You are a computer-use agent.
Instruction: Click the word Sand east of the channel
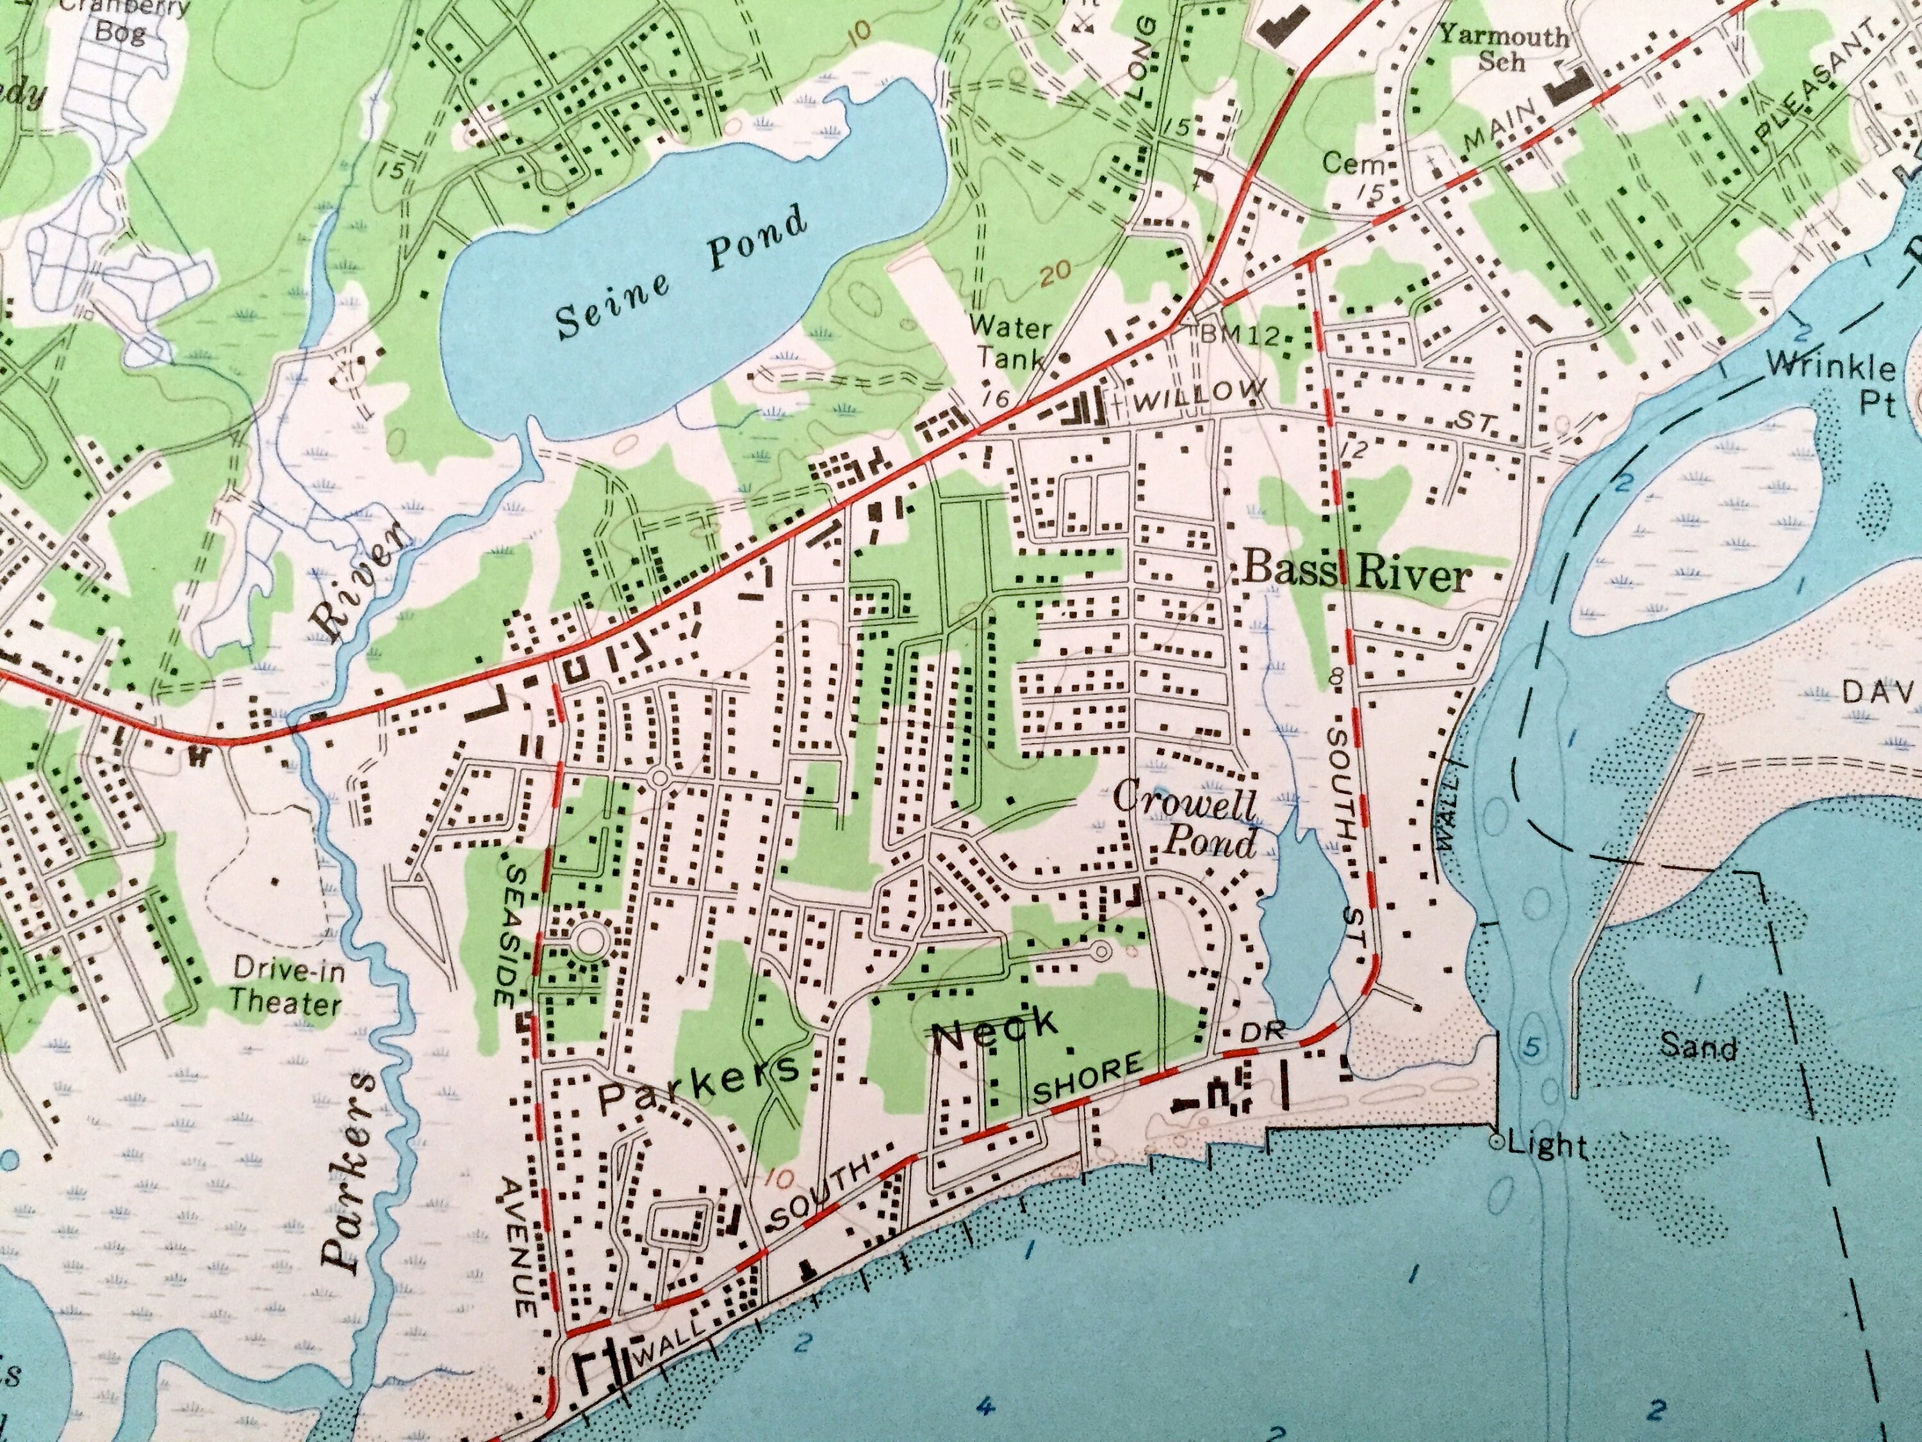click(1698, 1047)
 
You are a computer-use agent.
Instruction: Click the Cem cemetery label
click(1345, 163)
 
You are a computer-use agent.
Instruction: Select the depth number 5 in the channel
click(1532, 1049)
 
